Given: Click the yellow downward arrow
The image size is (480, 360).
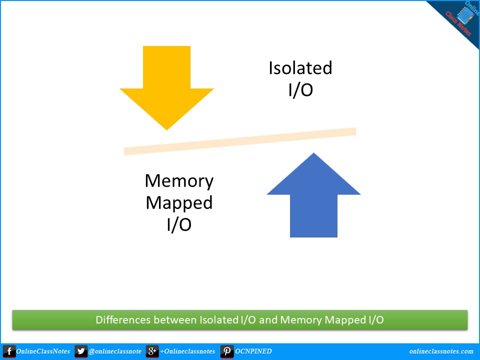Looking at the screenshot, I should (x=166, y=85).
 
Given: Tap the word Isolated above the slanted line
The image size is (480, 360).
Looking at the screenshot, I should (x=300, y=68).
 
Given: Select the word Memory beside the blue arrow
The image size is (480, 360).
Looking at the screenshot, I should (x=179, y=180).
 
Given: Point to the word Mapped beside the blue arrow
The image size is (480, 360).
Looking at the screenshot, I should (x=179, y=202).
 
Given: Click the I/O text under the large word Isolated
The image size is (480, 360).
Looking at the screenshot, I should (x=300, y=90).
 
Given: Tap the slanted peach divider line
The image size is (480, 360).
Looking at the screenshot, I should (x=240, y=141).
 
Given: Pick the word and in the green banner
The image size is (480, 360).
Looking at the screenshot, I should (x=268, y=320).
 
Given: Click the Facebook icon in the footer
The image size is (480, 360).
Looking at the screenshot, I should (x=9, y=351).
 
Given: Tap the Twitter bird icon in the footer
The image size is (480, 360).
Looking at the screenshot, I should (x=80, y=351).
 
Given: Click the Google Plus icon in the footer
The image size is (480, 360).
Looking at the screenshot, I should (x=152, y=351).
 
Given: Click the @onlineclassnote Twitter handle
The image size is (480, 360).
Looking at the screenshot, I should (x=114, y=351).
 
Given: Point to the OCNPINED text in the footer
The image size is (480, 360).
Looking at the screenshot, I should (x=253, y=351).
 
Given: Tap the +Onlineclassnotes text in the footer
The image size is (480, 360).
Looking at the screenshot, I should (x=187, y=351).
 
